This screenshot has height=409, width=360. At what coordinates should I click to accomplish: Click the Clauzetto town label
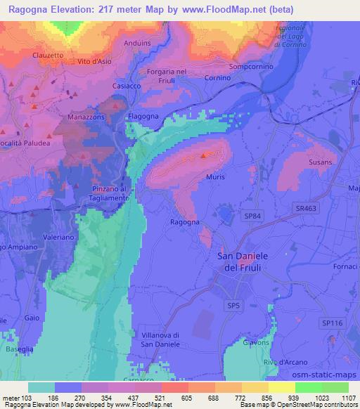click(48, 53)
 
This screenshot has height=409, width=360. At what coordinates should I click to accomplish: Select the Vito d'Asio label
click(96, 63)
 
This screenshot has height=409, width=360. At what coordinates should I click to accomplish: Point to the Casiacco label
click(127, 86)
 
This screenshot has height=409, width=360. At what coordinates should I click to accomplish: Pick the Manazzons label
click(85, 117)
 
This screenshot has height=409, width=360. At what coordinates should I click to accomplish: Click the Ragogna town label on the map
click(186, 221)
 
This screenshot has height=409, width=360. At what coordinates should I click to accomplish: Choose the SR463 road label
click(306, 210)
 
